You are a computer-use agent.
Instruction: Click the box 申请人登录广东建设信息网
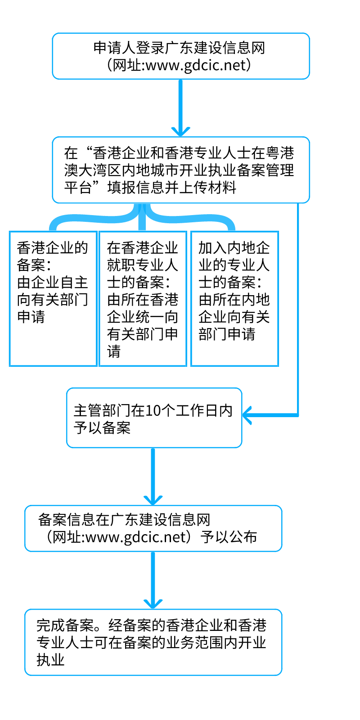pyautogui.click(x=180, y=56)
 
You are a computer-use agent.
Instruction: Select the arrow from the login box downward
pyautogui.click(x=180, y=108)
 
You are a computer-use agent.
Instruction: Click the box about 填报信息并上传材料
pyautogui.click(x=180, y=170)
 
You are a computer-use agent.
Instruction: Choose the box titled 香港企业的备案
pyautogui.click(x=53, y=299)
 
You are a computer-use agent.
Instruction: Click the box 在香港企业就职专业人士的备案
pyautogui.click(x=143, y=299)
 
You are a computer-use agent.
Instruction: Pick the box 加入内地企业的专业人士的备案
pyautogui.click(x=234, y=299)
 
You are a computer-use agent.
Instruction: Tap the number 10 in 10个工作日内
pyautogui.click(x=153, y=410)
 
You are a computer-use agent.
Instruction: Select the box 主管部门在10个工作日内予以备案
pyautogui.click(x=154, y=418)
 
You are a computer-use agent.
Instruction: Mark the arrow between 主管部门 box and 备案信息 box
pyautogui.click(x=153, y=477)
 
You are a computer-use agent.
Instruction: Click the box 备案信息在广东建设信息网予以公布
pyautogui.click(x=153, y=528)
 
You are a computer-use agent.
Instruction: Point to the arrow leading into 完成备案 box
pyautogui.click(x=153, y=580)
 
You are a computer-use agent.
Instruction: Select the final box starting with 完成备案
pyautogui.click(x=153, y=643)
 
